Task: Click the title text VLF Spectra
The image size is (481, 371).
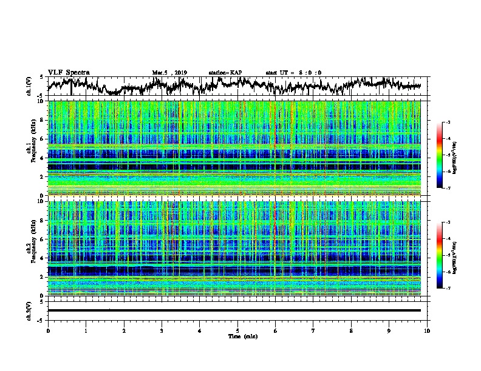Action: click(x=69, y=72)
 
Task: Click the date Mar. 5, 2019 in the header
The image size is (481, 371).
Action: click(x=169, y=73)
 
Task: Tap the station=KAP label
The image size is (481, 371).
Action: click(x=225, y=73)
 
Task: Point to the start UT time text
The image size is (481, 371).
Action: click(x=293, y=73)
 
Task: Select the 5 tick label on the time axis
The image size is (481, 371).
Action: click(x=237, y=330)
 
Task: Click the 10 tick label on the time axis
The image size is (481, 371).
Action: click(x=427, y=330)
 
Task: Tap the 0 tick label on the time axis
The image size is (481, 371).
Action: click(x=48, y=330)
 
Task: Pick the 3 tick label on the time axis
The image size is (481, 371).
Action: click(x=162, y=330)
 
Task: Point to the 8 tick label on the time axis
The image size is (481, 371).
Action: click(x=351, y=330)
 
